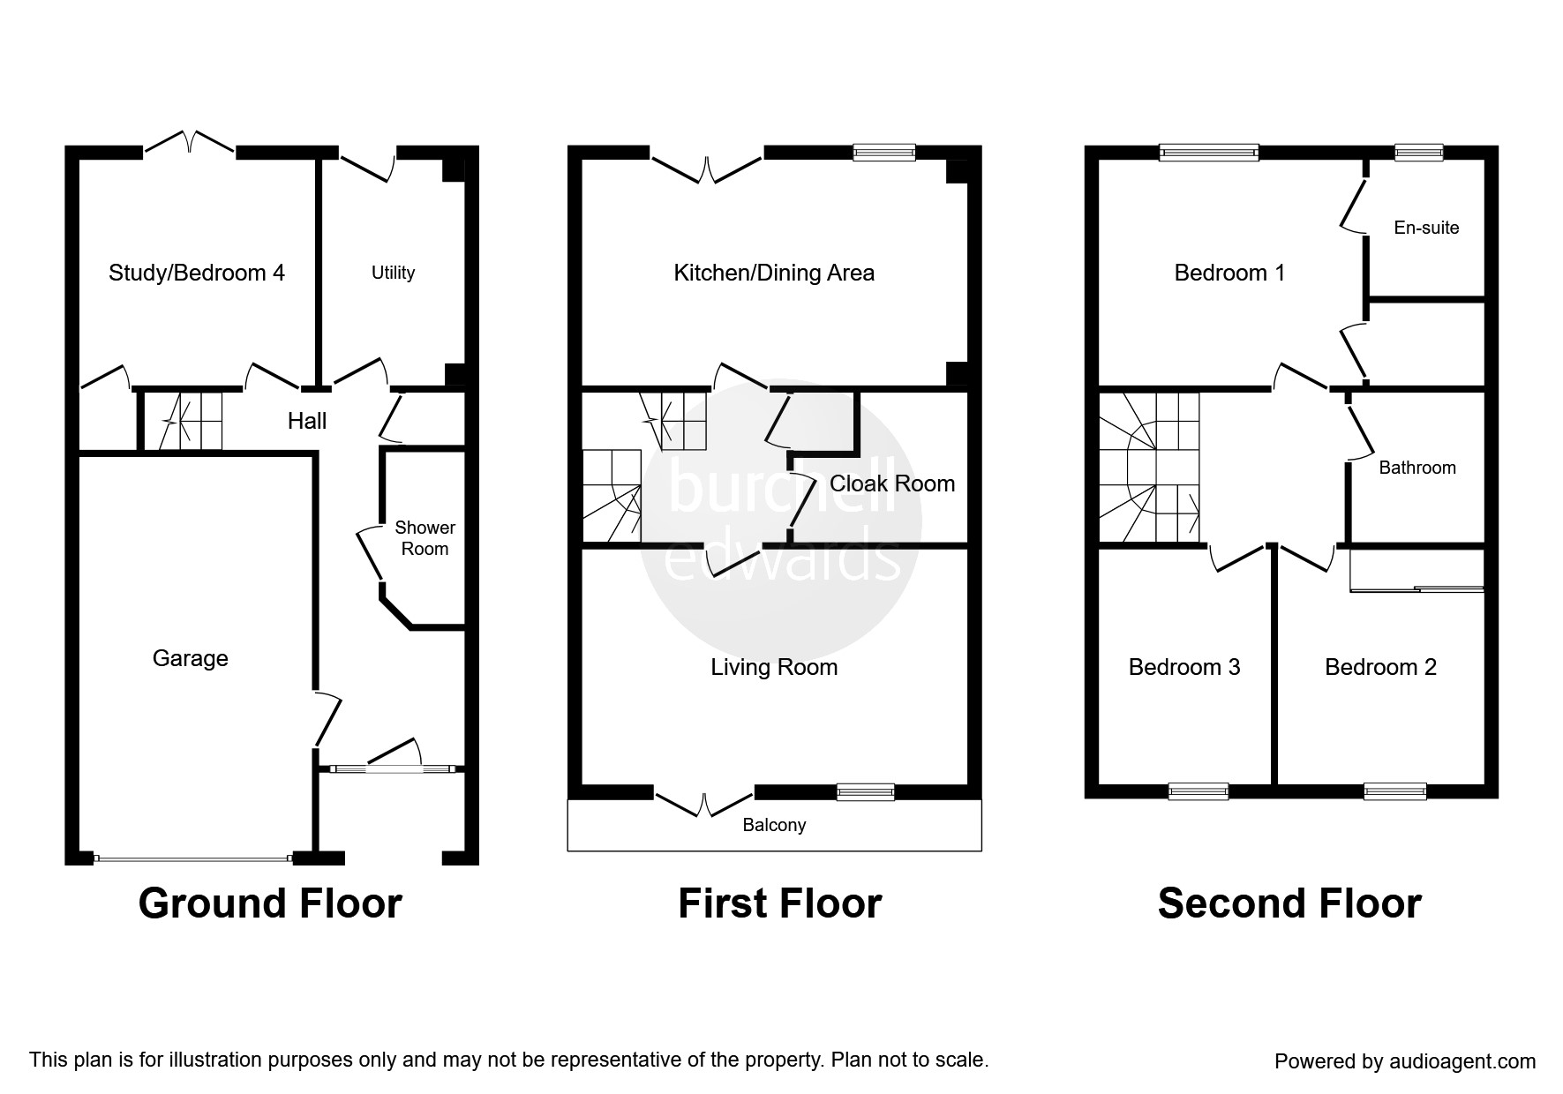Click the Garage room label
pos(191,658)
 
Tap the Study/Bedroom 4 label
pos(197,273)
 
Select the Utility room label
pos(393,273)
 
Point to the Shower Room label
pos(425,538)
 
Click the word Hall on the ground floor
pos(307,421)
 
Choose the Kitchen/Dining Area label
pos(774,273)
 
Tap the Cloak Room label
pos(892,483)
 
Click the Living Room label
pos(774,667)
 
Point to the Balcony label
pos(774,825)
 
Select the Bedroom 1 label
pos(1229,273)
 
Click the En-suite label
pos(1426,228)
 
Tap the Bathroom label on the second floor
pos(1417,468)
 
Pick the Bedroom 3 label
pos(1184,667)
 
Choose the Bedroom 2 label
pos(1380,667)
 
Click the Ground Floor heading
pos(270,903)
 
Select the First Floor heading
pos(779,903)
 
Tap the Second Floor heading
pos(1289,903)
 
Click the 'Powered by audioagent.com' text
pos(1405,1061)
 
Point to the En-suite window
pos(1419,152)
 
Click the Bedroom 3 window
pos(1199,791)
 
